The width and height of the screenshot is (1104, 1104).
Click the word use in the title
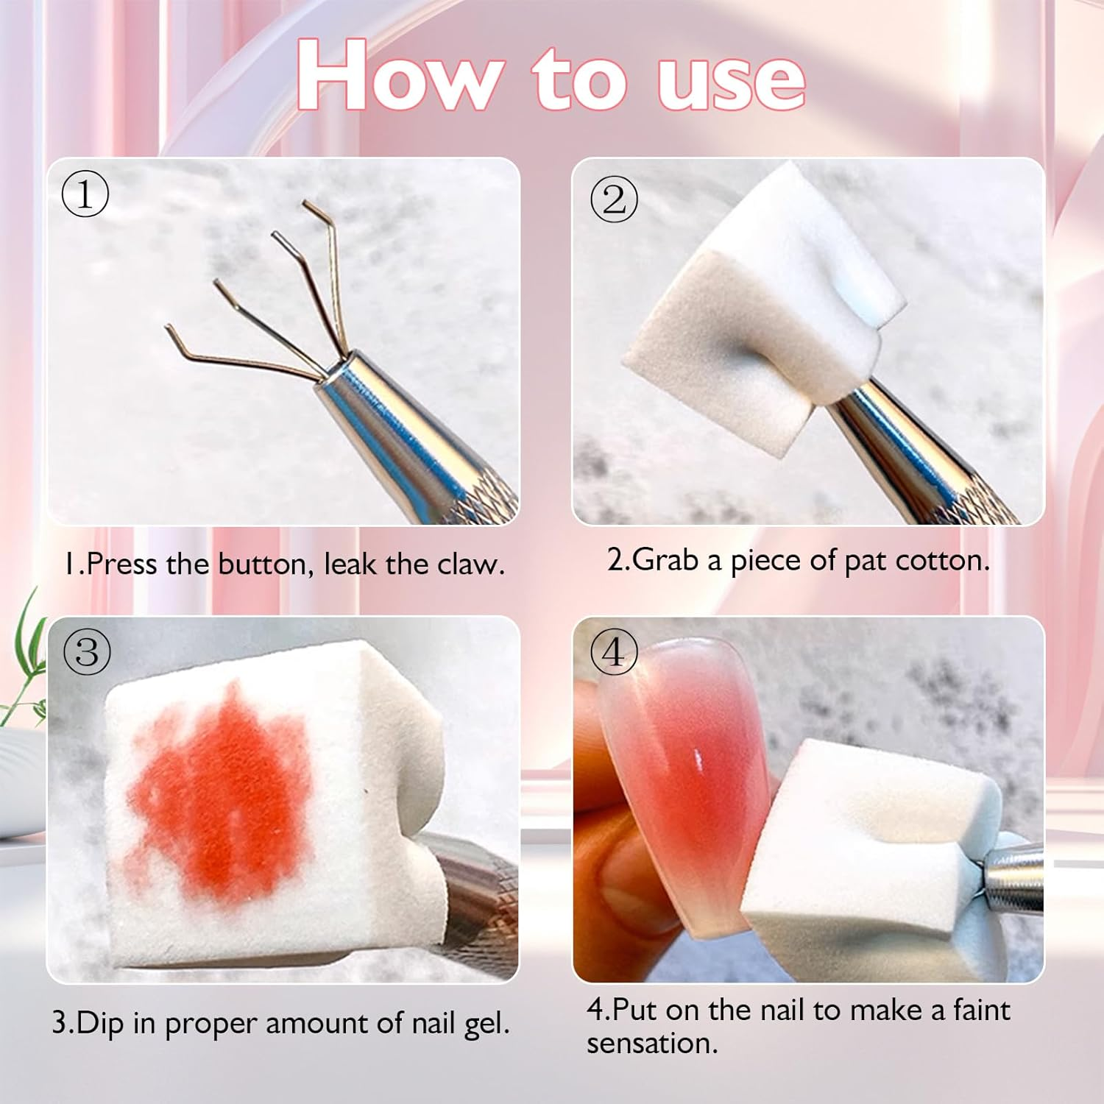tap(731, 79)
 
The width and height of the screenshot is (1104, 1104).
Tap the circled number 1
tap(85, 194)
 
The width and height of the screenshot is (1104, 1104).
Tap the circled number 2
tap(614, 199)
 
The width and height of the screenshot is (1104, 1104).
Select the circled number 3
tap(87, 652)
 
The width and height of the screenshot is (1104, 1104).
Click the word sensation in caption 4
tap(651, 1044)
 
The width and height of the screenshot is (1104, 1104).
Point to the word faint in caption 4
tap(982, 1010)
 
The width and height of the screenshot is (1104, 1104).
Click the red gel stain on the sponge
tap(221, 795)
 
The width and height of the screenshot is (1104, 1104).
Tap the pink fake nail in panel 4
tap(684, 780)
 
